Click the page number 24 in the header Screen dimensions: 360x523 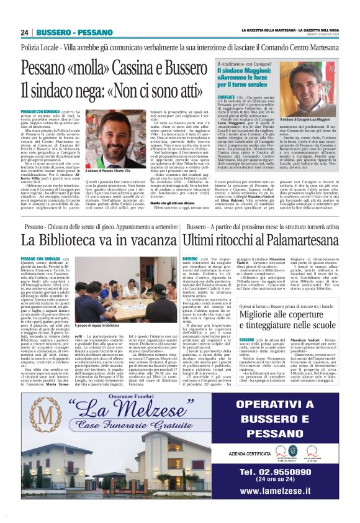pos(25,32)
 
